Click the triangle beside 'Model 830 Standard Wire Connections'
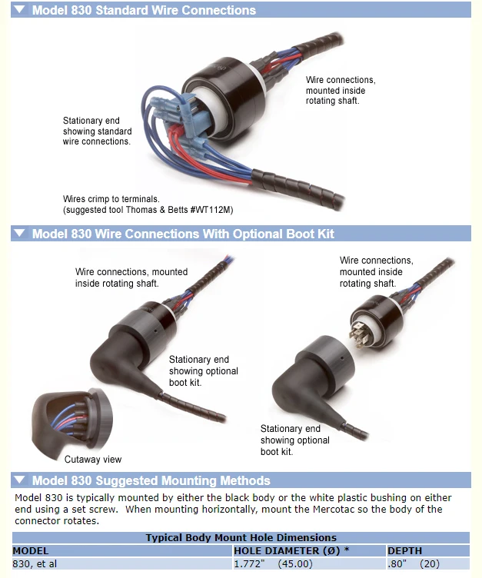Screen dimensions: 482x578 (19, 11)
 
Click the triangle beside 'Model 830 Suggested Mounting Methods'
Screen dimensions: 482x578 (19, 480)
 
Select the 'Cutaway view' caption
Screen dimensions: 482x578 (92, 460)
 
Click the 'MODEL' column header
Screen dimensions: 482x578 (31, 551)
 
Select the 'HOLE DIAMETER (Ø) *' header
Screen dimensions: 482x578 (291, 551)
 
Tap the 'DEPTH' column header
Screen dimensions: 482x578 (405, 551)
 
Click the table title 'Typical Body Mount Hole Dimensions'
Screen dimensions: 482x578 (241, 538)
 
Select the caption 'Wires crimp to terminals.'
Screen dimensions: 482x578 (111, 198)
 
